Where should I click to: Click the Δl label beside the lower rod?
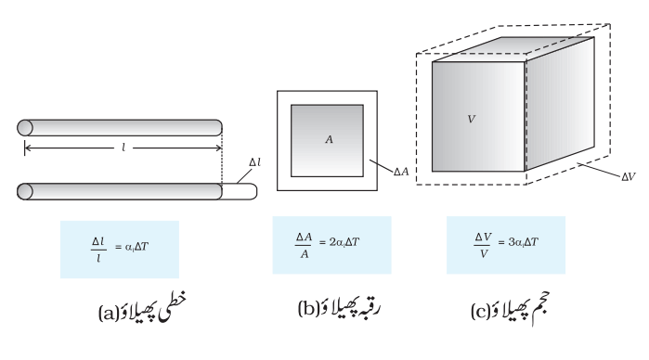(x=255, y=162)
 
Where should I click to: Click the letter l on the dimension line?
(x=123, y=148)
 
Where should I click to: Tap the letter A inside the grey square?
(x=329, y=140)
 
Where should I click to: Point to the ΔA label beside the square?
(x=401, y=172)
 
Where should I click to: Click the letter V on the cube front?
(x=472, y=119)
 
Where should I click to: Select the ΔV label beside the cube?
(x=629, y=177)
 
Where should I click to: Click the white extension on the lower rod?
(x=240, y=191)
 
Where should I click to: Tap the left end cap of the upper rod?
(x=25, y=128)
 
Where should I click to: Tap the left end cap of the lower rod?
(x=25, y=191)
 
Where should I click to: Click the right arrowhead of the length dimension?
(x=219, y=148)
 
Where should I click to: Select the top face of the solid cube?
(x=513, y=49)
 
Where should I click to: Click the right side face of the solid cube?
(x=560, y=104)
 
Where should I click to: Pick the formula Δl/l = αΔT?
(x=120, y=250)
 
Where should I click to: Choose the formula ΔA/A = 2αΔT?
(x=328, y=245)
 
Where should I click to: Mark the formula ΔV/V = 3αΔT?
(x=506, y=245)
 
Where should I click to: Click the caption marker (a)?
(x=109, y=314)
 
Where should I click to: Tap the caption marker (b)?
(x=308, y=309)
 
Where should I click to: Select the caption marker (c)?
(x=481, y=311)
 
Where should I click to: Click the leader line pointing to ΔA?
(x=381, y=165)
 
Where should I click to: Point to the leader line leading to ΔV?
(x=600, y=170)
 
